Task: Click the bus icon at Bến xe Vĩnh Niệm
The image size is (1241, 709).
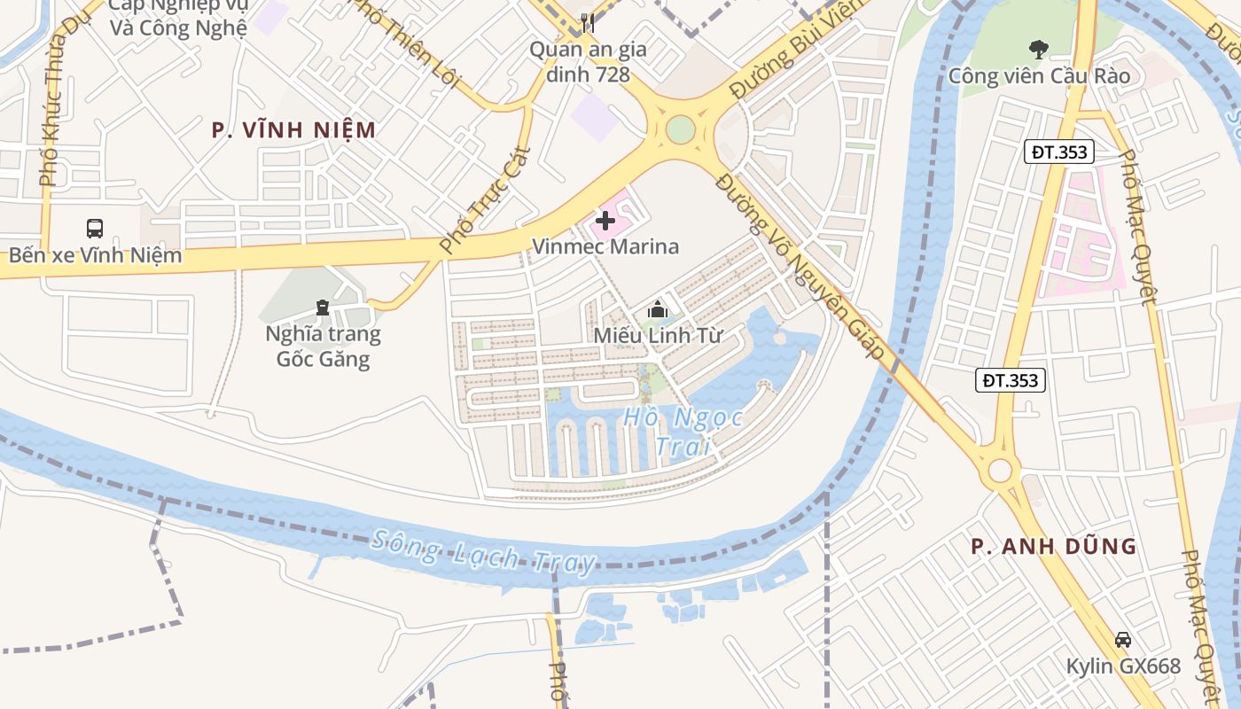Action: click(95, 229)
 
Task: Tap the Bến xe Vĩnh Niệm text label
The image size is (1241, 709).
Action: click(95, 256)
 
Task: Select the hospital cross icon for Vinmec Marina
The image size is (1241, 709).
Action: click(606, 220)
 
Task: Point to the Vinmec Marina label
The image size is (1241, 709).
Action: click(605, 246)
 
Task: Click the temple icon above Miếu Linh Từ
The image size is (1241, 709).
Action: click(657, 309)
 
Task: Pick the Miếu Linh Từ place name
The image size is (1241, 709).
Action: click(658, 336)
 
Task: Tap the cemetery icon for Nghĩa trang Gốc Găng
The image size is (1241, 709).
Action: click(323, 308)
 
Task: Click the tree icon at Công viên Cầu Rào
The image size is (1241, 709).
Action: click(1038, 49)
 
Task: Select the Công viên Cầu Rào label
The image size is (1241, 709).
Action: click(1039, 76)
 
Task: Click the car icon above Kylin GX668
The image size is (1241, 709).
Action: click(1123, 639)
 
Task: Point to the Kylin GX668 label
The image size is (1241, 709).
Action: click(1123, 666)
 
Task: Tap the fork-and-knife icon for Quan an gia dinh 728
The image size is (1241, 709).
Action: click(587, 22)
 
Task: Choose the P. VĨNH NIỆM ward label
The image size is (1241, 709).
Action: click(294, 130)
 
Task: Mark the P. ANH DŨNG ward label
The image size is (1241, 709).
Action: click(1053, 547)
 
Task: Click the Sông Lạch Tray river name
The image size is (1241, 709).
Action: click(483, 551)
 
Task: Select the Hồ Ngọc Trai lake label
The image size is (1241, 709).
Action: click(683, 431)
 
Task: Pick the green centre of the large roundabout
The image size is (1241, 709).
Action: click(680, 129)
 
